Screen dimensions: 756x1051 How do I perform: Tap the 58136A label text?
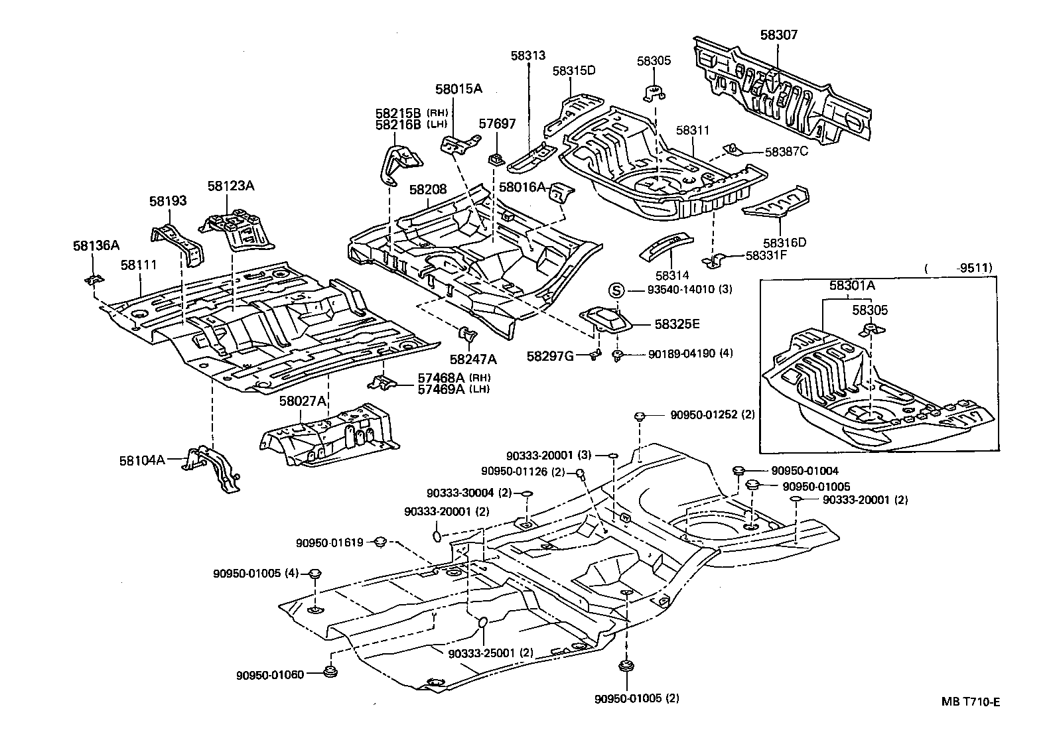pos(96,245)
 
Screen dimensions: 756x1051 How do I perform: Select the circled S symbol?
pos(616,290)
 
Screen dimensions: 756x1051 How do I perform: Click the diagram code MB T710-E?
pos(969,702)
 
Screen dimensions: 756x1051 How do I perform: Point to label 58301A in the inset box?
pos(851,286)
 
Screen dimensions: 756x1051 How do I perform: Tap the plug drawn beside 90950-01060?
pos(330,672)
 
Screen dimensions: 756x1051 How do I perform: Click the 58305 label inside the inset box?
pos(870,310)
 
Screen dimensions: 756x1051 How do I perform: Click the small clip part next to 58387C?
pos(731,149)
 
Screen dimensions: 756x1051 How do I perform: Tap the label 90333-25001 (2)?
pos(490,653)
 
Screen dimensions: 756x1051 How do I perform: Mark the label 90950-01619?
pos(329,542)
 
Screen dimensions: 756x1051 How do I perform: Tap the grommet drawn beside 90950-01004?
pos(738,470)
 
